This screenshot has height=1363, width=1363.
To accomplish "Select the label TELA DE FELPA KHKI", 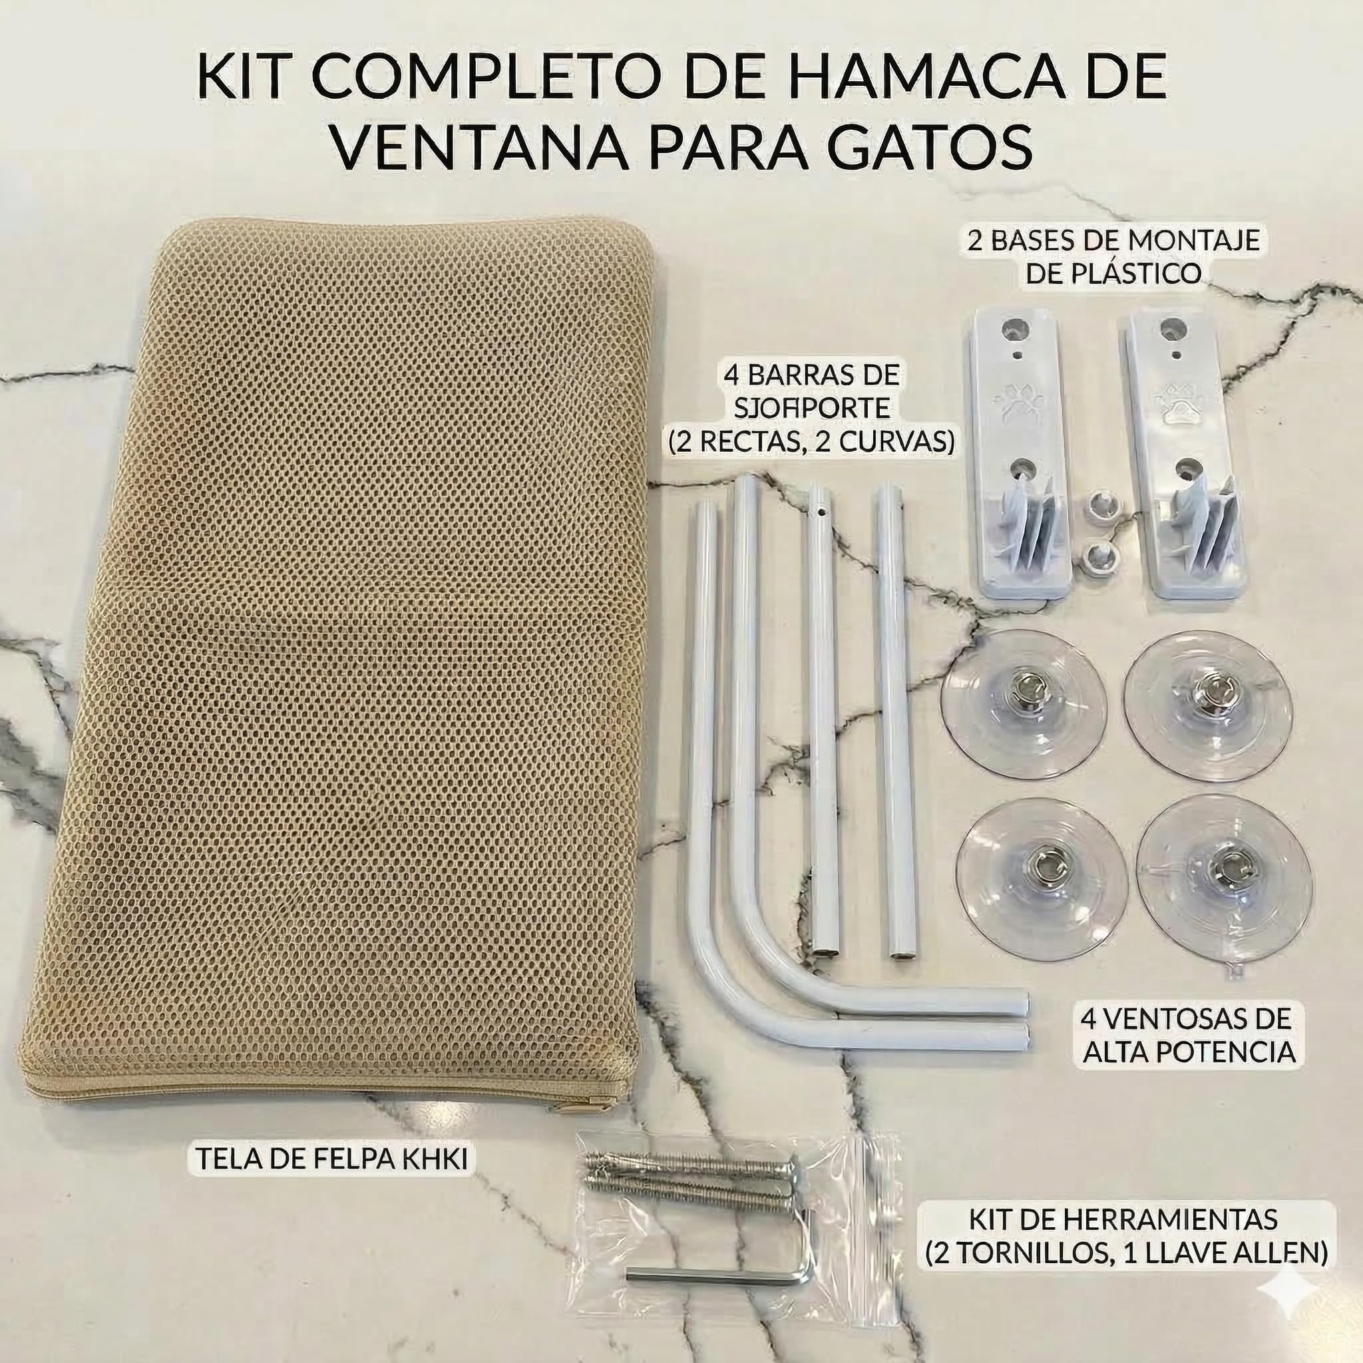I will point(331,1159).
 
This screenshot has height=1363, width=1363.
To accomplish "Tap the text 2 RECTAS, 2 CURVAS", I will point(811,442).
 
